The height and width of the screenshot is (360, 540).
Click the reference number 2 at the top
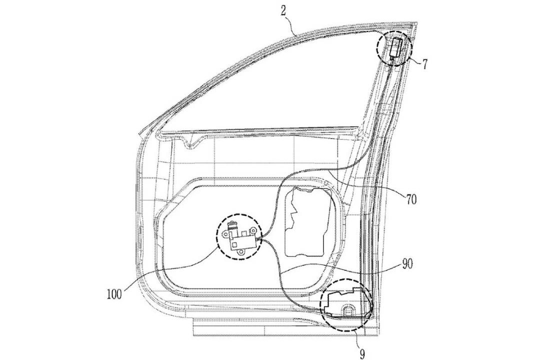point(282,11)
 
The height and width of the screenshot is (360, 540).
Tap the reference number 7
point(424,64)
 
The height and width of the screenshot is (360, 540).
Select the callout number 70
point(411,199)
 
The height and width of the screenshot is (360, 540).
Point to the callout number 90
point(407,264)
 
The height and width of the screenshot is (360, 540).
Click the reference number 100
point(114,294)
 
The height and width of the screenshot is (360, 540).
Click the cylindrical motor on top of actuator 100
point(232,227)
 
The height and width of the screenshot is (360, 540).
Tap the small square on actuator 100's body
point(234,244)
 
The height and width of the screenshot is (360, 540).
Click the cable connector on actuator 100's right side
point(259,237)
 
